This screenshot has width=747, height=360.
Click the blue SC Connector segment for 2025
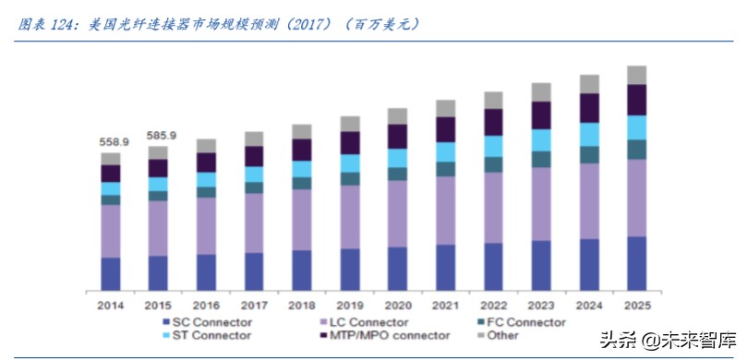click(x=636, y=263)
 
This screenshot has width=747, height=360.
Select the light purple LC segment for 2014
click(x=111, y=231)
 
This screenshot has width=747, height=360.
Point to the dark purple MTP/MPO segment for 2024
click(x=588, y=108)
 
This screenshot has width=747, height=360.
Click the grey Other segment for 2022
click(x=493, y=100)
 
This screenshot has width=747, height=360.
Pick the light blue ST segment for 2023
click(x=541, y=139)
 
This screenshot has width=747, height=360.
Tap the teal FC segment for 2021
click(x=445, y=169)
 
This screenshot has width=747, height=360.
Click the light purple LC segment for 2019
click(x=349, y=216)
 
